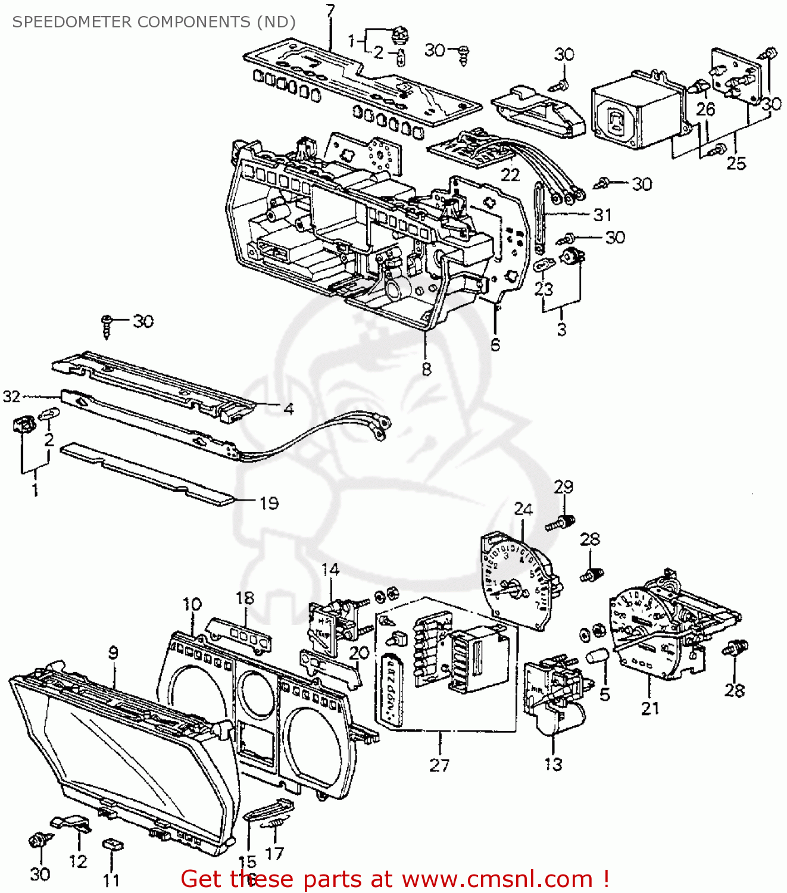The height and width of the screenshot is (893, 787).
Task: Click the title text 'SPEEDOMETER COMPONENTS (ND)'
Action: coord(154,22)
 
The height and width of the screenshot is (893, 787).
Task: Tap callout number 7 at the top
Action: coord(330,10)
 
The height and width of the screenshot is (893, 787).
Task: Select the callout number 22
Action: coord(510,174)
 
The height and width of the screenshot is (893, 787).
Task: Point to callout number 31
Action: coord(602,214)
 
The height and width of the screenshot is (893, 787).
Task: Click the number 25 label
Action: coord(736,163)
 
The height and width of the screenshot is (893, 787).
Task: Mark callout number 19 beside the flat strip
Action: coord(269,503)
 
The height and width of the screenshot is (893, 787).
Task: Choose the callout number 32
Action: coord(12,396)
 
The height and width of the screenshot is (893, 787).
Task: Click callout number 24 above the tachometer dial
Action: coord(523,509)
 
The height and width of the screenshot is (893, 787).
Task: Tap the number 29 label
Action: coord(563,486)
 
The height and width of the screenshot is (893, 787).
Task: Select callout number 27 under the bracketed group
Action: coord(439,765)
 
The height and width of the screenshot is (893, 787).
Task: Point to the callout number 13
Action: coord(553,764)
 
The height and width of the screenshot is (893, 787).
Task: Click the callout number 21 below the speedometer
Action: coord(650,708)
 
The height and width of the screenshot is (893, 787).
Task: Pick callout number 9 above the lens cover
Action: coord(113,652)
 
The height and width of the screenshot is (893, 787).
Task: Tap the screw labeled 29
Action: coord(560,523)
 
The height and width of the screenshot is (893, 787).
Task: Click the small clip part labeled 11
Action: coord(112,844)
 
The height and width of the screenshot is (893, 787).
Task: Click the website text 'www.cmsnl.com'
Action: coord(497,879)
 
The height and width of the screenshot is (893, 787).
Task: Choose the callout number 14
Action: coord(330,570)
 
